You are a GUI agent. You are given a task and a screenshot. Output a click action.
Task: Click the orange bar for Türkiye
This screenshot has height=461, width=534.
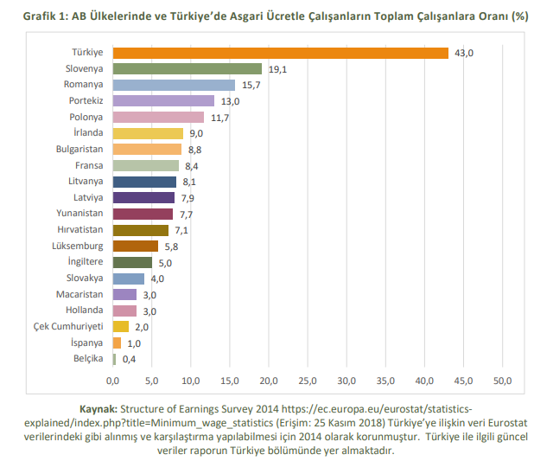[281, 53]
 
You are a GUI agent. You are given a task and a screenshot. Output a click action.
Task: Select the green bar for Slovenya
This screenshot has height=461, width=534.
[188, 68]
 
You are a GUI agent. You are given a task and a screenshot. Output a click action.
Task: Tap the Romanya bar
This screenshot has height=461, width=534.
[174, 85]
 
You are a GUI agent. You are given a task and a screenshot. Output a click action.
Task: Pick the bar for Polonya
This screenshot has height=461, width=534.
[158, 117]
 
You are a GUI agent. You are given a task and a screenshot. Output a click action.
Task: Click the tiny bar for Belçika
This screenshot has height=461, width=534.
[114, 359]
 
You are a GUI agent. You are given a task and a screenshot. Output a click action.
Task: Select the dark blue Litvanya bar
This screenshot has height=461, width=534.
[144, 182]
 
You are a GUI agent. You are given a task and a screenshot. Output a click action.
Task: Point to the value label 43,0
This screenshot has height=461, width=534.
[464, 54]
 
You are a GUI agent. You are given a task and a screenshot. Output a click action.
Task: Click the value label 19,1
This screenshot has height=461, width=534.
[277, 69]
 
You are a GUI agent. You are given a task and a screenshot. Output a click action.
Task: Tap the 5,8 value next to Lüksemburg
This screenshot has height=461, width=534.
[172, 247]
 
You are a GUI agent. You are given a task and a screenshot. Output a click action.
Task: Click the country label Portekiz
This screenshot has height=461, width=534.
[85, 100]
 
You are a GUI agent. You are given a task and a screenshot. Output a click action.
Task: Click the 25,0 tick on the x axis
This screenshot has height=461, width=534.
[308, 381]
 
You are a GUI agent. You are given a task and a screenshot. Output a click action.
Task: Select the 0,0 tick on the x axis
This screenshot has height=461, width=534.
[113, 381]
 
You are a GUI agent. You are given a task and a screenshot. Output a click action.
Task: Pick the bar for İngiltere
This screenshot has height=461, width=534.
[132, 262]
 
